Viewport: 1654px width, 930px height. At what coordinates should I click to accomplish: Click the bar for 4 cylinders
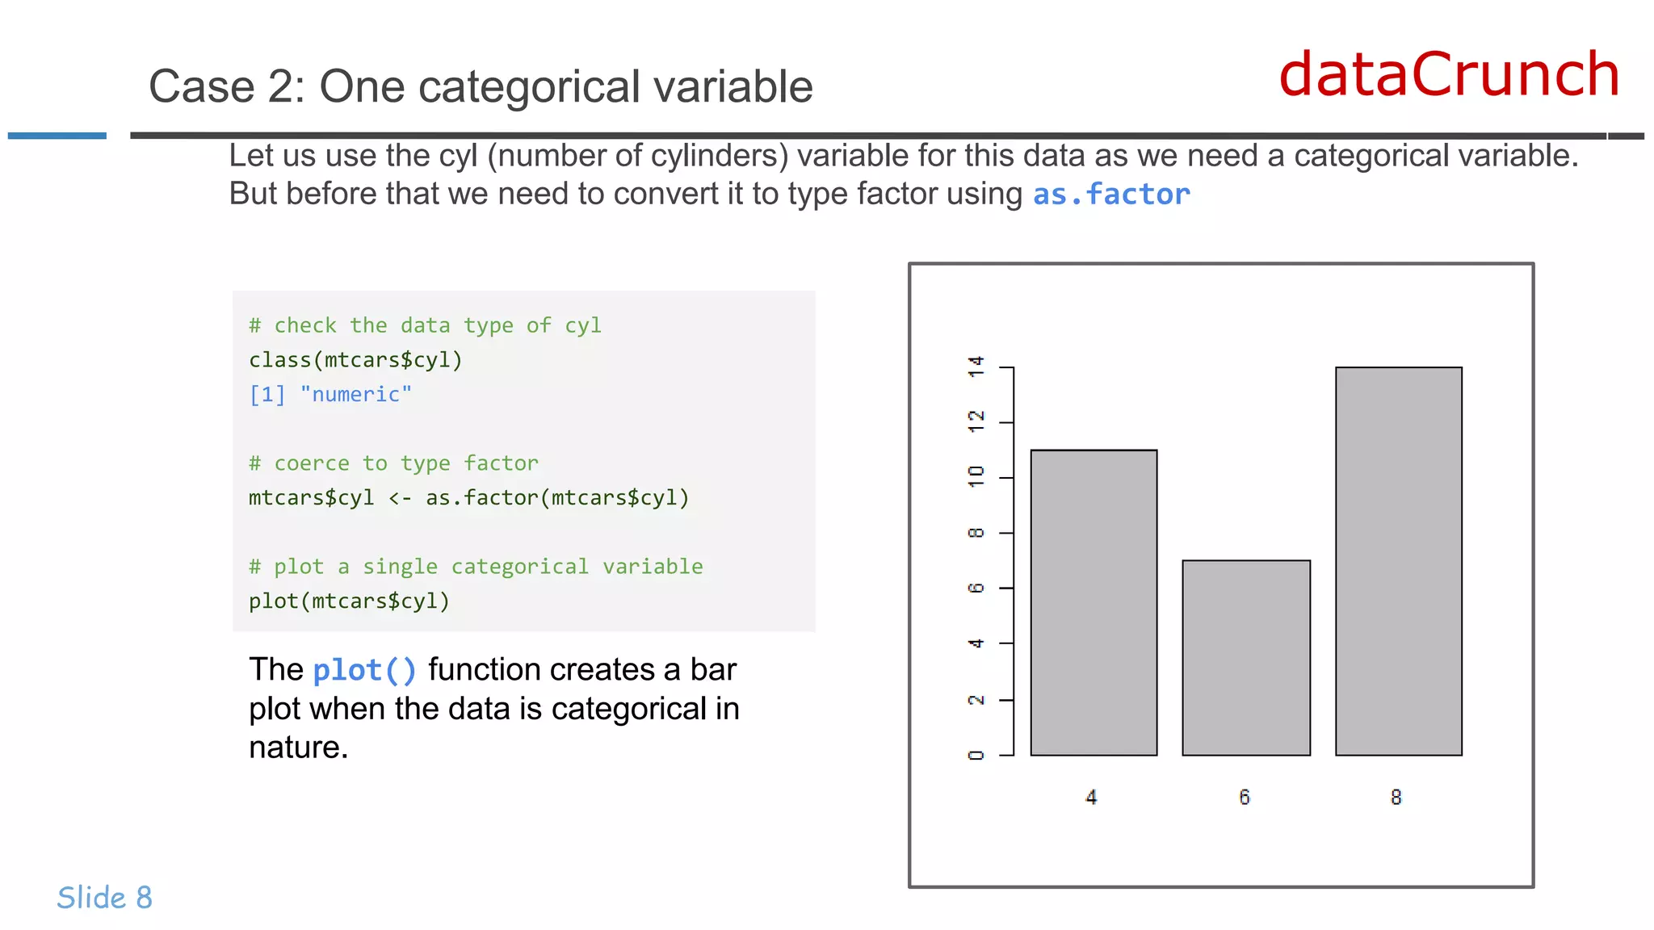click(1094, 602)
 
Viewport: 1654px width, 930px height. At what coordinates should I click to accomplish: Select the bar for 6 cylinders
click(1245, 657)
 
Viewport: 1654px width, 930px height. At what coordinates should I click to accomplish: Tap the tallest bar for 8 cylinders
click(1398, 561)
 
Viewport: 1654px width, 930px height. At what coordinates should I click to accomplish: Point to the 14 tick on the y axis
click(976, 367)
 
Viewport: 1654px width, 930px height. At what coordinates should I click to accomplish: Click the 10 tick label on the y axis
click(976, 476)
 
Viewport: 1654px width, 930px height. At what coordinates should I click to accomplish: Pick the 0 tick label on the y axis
click(976, 755)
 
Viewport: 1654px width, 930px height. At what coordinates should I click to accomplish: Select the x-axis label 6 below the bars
click(1245, 798)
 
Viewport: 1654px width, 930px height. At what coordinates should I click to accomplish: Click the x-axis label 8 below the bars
click(1396, 798)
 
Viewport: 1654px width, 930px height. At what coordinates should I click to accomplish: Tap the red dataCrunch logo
click(1449, 74)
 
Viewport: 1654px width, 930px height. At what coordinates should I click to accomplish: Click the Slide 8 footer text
click(104, 898)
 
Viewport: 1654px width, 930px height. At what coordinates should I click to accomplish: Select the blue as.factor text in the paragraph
click(1111, 195)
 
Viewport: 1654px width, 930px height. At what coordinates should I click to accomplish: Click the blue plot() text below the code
click(364, 670)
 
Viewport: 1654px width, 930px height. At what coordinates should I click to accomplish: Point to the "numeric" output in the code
click(355, 395)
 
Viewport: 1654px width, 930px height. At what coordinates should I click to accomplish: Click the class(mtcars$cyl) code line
click(355, 360)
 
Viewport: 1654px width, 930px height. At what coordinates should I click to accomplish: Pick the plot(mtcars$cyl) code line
click(349, 601)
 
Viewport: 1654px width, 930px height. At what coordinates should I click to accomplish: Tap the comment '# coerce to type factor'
click(393, 463)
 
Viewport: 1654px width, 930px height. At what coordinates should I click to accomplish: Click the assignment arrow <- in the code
click(400, 498)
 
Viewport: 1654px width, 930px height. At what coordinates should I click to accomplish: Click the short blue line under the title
click(57, 136)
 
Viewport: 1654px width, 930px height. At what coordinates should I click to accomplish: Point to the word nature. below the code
click(298, 748)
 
